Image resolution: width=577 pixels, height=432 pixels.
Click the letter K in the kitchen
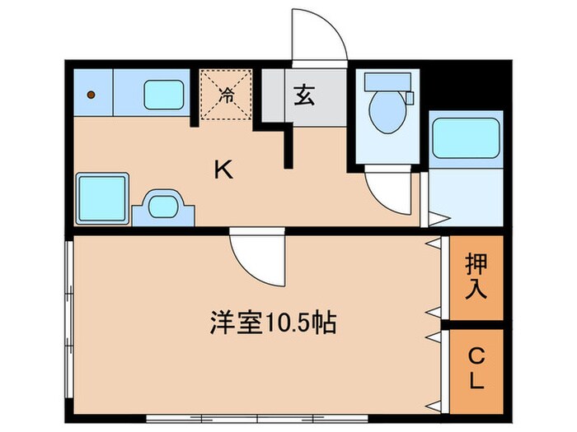[x=223, y=170]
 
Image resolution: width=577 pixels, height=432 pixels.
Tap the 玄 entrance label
[x=303, y=96]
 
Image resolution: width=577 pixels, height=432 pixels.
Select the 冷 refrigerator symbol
[x=224, y=95]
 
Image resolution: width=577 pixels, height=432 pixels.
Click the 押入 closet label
[x=476, y=276]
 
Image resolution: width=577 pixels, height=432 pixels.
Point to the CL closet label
[x=476, y=369]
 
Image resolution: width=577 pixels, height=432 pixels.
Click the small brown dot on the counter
[x=92, y=95]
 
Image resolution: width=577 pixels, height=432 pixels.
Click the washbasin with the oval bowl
[x=167, y=205]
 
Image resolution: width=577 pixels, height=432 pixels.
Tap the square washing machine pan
[x=101, y=197]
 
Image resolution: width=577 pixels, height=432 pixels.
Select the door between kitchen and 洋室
[x=257, y=257]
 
